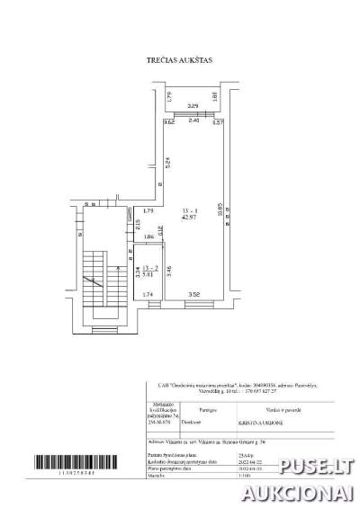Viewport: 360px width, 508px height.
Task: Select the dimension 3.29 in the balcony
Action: (192, 107)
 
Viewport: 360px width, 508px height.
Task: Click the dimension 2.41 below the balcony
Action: (193, 122)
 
